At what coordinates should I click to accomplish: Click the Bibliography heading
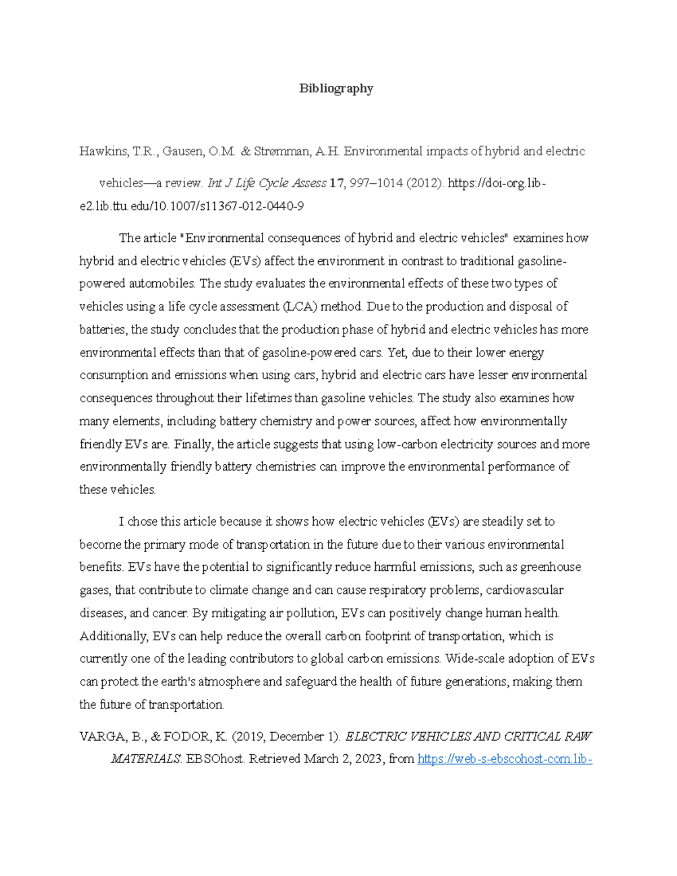click(336, 89)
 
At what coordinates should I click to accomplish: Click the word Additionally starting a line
click(113, 636)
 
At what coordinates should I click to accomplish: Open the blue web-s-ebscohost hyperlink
click(504, 759)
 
